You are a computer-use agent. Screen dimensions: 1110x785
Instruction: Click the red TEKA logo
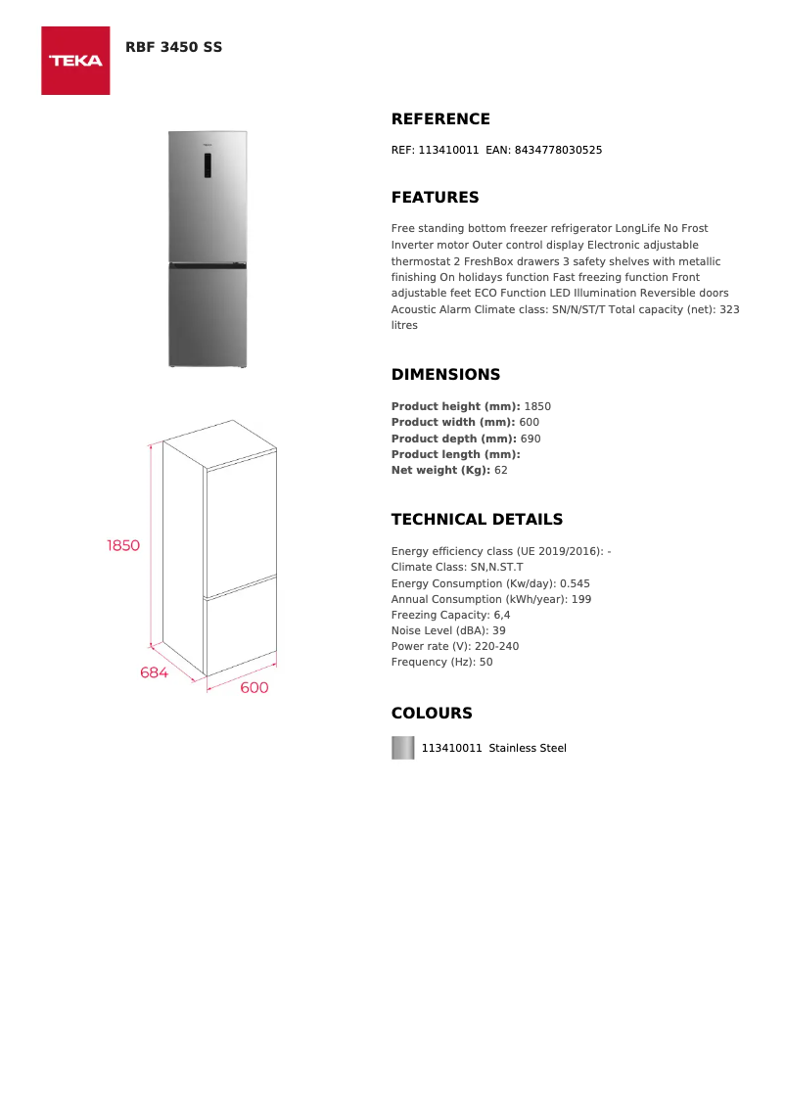click(75, 61)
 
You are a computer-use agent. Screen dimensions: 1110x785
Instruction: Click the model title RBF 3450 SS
click(173, 47)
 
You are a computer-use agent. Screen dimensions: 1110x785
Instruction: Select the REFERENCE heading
click(440, 119)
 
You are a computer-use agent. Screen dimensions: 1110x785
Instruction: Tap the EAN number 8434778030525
click(558, 150)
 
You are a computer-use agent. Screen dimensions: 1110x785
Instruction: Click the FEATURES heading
click(435, 198)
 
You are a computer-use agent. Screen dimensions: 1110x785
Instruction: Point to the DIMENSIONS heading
click(445, 375)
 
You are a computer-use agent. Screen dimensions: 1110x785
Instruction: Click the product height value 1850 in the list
click(537, 406)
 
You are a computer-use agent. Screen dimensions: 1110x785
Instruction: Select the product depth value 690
click(530, 439)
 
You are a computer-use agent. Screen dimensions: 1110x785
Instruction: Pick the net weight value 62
click(500, 470)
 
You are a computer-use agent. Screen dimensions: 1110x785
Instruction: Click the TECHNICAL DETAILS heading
click(477, 520)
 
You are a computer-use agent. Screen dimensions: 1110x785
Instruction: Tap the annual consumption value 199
click(580, 599)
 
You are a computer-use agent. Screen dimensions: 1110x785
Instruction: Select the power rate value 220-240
click(498, 646)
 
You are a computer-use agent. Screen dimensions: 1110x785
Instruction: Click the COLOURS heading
click(432, 714)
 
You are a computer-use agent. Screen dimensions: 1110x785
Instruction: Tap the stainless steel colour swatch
click(402, 748)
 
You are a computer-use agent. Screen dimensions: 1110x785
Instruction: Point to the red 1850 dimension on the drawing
click(123, 545)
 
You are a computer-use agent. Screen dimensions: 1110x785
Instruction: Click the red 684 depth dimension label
click(154, 672)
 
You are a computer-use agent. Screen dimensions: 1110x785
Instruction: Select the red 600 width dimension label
click(254, 688)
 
